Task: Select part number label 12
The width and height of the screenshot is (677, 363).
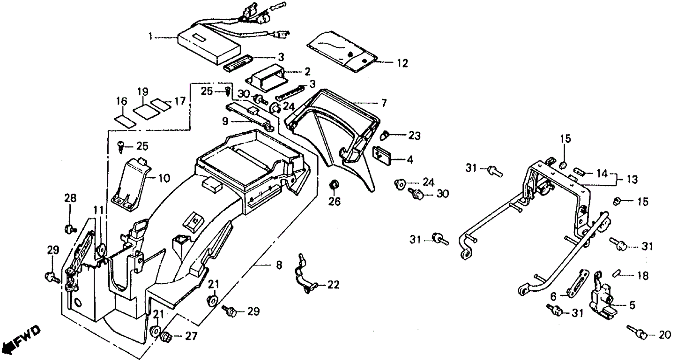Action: pyautogui.click(x=402, y=62)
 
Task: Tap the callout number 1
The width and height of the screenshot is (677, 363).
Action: pyautogui.click(x=150, y=36)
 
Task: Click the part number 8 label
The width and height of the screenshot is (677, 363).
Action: pyautogui.click(x=279, y=266)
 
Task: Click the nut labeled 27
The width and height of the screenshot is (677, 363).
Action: pyautogui.click(x=166, y=337)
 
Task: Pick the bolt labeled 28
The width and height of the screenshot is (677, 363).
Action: pyautogui.click(x=69, y=229)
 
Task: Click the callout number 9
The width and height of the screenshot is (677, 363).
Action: pyautogui.click(x=225, y=121)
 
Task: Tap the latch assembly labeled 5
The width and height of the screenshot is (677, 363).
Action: pyautogui.click(x=602, y=297)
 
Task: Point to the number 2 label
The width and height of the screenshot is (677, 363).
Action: pyautogui.click(x=307, y=72)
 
